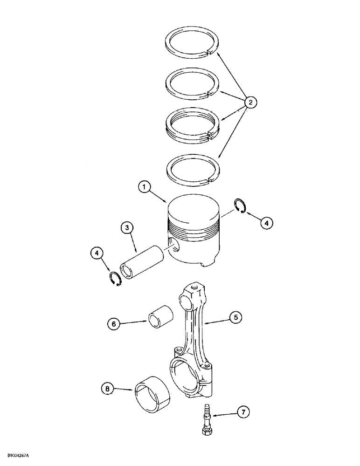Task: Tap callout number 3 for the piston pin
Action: (126, 228)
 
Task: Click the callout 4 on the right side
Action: (266, 224)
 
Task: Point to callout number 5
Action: (236, 317)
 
